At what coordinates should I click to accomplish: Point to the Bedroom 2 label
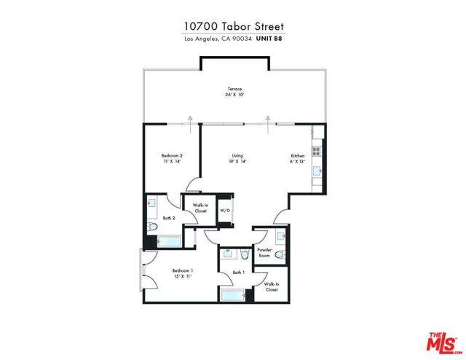pyautogui.click(x=172, y=155)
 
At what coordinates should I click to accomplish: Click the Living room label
pyautogui.click(x=237, y=155)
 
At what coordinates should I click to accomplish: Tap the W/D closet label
pyautogui.click(x=225, y=211)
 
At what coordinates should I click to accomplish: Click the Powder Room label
pyautogui.click(x=264, y=252)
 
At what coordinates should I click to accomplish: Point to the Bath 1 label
pyautogui.click(x=237, y=273)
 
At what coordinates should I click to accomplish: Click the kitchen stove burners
pyautogui.click(x=316, y=152)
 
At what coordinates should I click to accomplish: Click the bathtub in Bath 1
pyautogui.click(x=232, y=295)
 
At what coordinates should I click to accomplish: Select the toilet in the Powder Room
pyautogui.click(x=279, y=254)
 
